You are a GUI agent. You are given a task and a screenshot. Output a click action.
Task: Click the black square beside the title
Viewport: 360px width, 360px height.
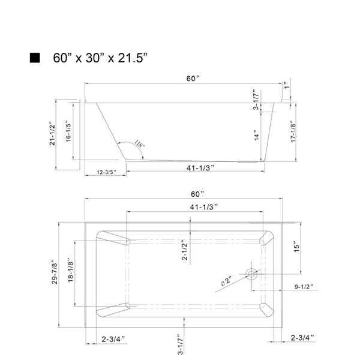tap(35, 58)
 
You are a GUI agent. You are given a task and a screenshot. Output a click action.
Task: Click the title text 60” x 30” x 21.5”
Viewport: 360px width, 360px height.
tap(100, 58)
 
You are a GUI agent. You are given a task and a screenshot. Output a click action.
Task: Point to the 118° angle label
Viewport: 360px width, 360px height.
tap(139, 145)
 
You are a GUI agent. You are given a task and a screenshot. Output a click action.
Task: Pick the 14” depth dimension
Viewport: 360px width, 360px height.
tap(255, 136)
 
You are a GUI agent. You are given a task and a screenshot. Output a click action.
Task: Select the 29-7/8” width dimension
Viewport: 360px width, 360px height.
tap(54, 272)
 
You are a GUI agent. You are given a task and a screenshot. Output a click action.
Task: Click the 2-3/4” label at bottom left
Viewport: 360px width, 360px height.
tap(114, 339)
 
